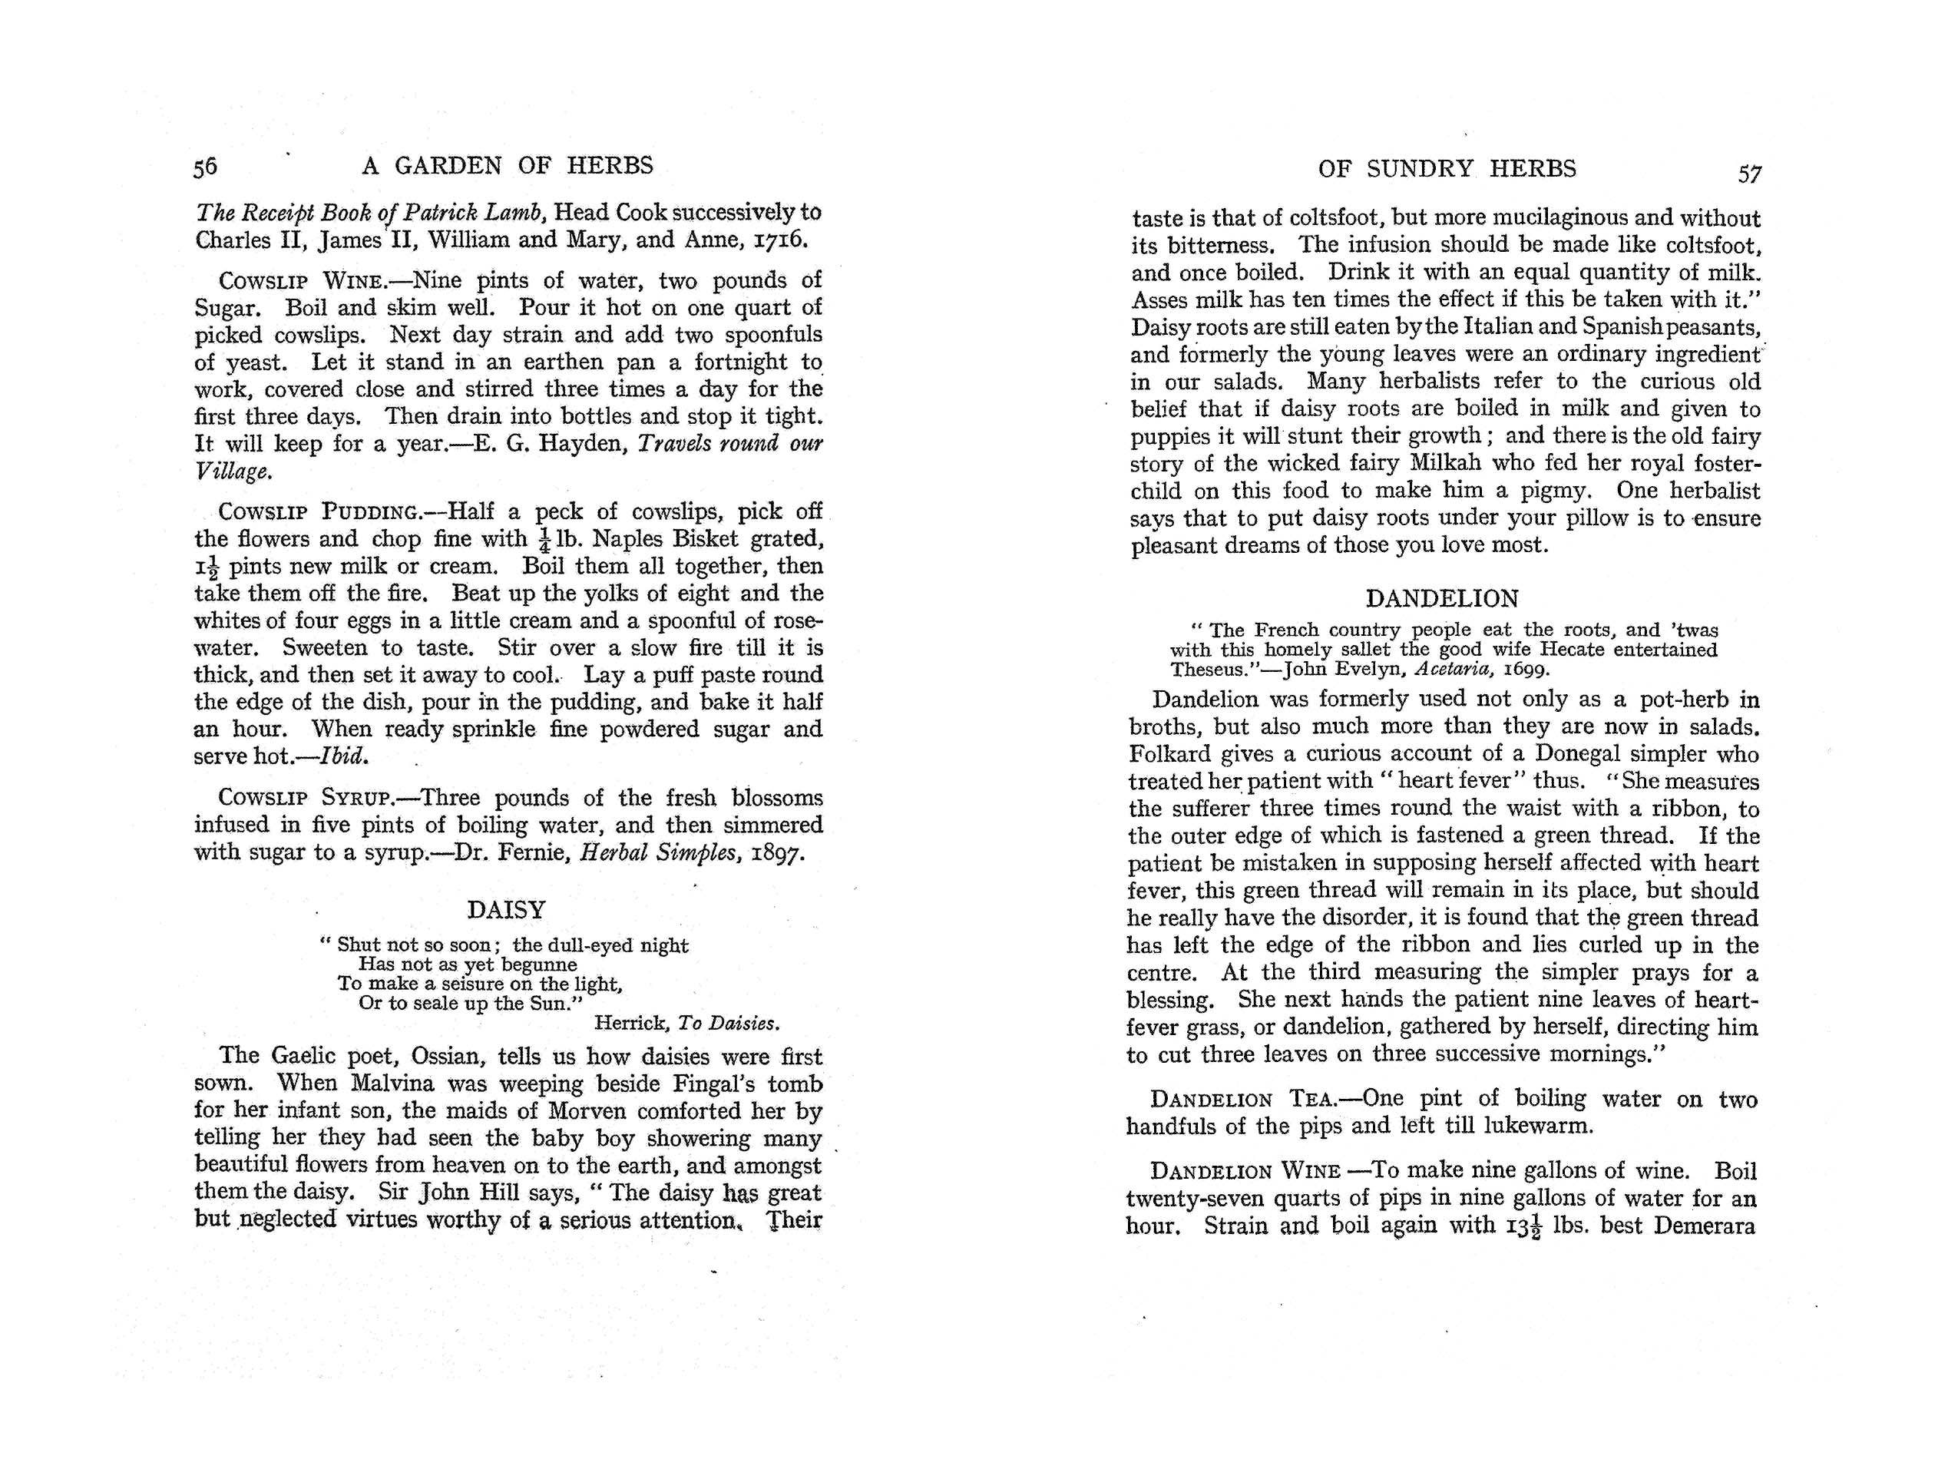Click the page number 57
(x=1749, y=174)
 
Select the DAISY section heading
(x=506, y=909)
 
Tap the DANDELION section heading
(x=1442, y=598)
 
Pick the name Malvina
(x=394, y=1084)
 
